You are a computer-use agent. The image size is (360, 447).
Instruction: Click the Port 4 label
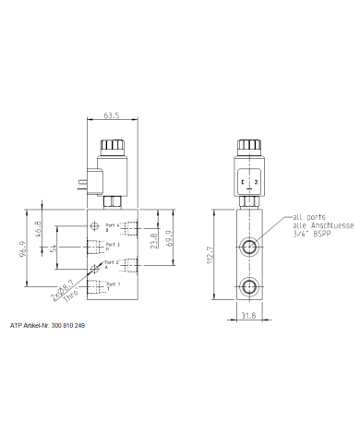[112, 227]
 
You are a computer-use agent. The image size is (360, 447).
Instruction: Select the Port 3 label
[112, 246]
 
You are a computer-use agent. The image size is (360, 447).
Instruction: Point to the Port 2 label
[112, 265]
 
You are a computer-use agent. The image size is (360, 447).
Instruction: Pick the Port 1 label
[112, 285]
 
